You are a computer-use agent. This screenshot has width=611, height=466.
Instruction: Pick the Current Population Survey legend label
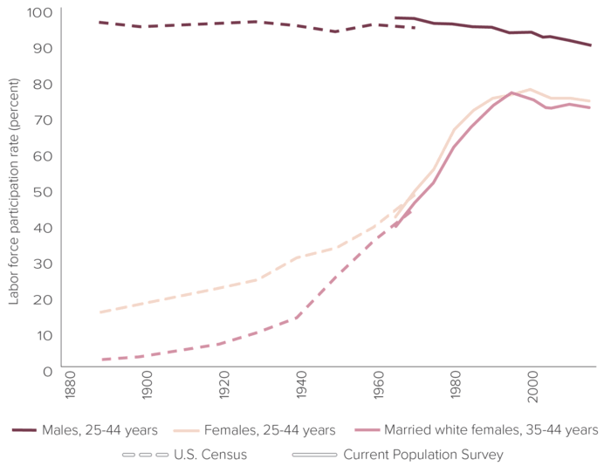423,454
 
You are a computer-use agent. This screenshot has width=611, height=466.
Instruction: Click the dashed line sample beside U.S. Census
147,454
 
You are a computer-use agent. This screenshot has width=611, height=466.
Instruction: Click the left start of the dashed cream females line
101,312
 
